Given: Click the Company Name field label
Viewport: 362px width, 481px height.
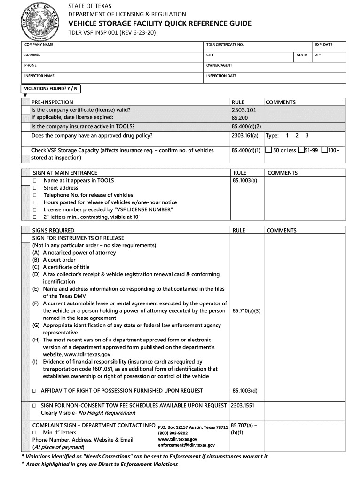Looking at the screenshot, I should (x=39, y=45).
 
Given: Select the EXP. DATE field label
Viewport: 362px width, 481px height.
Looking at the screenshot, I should (x=324, y=45).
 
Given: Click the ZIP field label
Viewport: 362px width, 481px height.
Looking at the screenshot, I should (x=318, y=55).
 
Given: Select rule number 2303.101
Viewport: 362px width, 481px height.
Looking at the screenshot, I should (x=243, y=110).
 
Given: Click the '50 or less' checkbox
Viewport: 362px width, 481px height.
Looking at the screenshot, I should (x=268, y=150).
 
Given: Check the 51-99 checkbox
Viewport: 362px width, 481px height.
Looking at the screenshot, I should (x=301, y=150).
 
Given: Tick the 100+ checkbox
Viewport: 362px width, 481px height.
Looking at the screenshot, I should (x=324, y=150).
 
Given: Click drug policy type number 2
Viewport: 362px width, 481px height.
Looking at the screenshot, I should (x=297, y=136).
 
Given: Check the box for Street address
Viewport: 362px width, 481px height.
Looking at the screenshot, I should (x=34, y=188).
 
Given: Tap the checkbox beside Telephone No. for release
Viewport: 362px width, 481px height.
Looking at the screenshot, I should (x=34, y=195).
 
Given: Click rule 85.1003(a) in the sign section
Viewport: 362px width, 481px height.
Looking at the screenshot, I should (x=244, y=180).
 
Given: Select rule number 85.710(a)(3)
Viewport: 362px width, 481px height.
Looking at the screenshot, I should (x=246, y=311).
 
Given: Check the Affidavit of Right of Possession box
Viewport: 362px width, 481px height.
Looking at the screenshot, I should (x=34, y=391).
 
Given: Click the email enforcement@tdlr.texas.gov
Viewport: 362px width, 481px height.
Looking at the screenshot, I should (x=186, y=445).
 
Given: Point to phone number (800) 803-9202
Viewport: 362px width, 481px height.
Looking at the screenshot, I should (x=173, y=433).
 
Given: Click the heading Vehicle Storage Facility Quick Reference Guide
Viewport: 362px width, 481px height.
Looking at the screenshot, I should (x=160, y=23).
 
